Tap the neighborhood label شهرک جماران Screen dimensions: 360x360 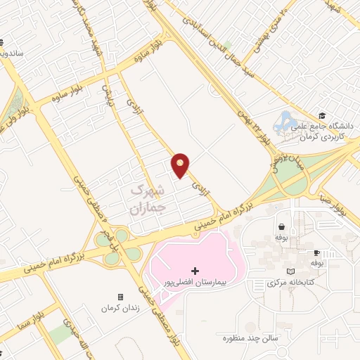147,199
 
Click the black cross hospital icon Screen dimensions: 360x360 195,271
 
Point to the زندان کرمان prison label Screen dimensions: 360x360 120,309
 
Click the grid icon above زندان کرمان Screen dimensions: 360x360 120,297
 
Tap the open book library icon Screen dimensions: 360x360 292,271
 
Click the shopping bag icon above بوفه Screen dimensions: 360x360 282,227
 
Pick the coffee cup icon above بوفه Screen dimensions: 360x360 316,252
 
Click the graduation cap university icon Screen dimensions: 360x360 321,116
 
